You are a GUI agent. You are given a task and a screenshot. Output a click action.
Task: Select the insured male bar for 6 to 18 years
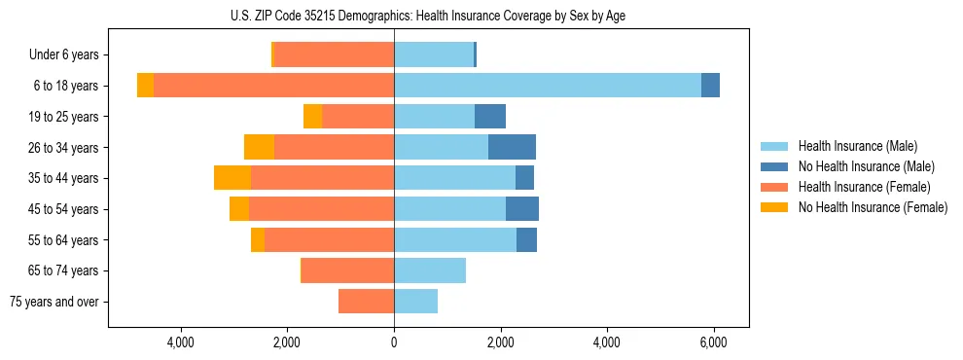547,86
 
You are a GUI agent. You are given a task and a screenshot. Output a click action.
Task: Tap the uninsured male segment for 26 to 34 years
512,147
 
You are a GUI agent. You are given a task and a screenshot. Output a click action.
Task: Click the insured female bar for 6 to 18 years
273,86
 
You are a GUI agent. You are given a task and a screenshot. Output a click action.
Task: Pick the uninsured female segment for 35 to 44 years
232,178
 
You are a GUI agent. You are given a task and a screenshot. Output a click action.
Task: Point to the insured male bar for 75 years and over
415,302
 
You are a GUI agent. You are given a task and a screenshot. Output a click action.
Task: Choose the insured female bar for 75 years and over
366,302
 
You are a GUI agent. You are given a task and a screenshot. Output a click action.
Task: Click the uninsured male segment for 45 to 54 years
521,208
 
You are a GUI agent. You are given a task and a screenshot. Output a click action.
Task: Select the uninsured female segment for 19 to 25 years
312,117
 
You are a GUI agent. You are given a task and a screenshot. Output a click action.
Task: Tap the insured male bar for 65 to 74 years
429,270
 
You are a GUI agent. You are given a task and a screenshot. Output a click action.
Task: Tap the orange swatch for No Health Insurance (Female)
774,207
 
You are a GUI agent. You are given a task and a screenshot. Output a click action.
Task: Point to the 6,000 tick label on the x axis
713,342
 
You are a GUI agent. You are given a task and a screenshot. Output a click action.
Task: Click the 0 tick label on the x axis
394,342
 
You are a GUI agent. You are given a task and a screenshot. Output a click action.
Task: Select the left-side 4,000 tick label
181,342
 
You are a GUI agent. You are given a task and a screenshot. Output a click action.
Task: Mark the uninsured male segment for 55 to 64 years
526,239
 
